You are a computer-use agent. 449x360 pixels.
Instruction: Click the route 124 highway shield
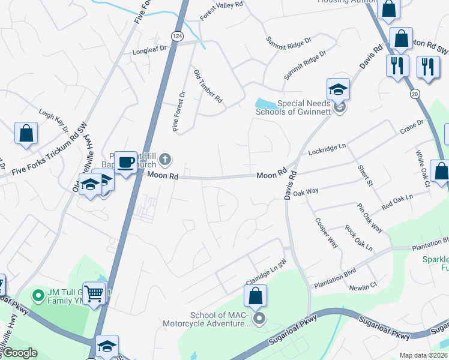coord(176,37)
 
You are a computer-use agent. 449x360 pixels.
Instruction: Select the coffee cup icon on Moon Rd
coord(125,162)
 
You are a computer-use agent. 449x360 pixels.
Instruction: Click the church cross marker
coord(166,160)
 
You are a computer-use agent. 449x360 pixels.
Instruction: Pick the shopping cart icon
coord(94,294)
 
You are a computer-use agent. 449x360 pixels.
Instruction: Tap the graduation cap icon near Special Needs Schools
coord(338,90)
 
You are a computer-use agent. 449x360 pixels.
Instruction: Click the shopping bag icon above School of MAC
coord(255,296)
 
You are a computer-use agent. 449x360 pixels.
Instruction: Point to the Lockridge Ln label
coord(327,150)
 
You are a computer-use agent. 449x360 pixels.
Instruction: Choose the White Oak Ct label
coord(423,168)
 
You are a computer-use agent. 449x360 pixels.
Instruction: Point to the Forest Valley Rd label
coord(221,10)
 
